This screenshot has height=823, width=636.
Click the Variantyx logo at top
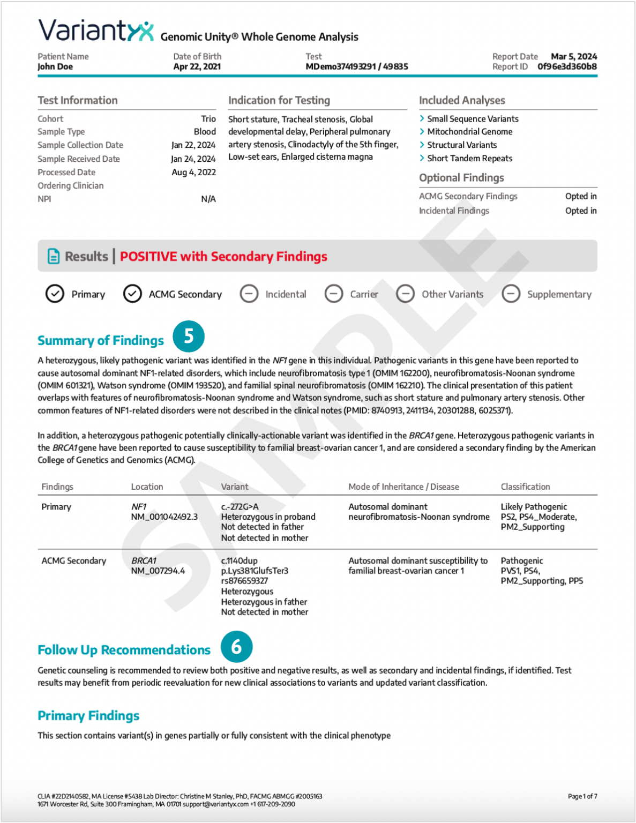click(95, 31)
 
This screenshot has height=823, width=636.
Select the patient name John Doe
click(55, 67)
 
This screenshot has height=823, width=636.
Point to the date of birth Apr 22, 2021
click(197, 67)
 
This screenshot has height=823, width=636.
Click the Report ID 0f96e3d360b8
click(567, 67)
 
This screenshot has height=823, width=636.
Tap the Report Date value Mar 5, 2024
click(573, 56)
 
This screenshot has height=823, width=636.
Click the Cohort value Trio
click(208, 119)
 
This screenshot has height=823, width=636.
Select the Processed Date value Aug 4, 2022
click(193, 173)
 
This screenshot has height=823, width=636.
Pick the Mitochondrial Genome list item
click(469, 132)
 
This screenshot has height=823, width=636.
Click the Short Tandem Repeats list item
click(469, 159)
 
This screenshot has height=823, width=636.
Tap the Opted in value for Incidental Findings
click(580, 211)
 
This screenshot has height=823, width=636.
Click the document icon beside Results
click(54, 257)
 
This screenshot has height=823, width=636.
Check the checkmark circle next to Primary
click(55, 294)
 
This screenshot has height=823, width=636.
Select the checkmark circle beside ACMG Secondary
click(132, 294)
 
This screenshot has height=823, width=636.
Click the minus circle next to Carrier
click(334, 294)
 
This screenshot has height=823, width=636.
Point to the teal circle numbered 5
click(189, 336)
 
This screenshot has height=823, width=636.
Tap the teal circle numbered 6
click(236, 647)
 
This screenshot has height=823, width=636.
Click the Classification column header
click(525, 487)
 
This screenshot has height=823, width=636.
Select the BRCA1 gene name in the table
click(144, 561)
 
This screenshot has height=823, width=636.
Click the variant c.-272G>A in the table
click(240, 507)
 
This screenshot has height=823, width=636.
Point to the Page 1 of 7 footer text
click(582, 797)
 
